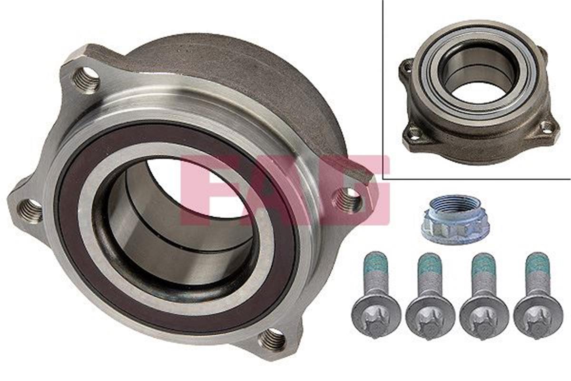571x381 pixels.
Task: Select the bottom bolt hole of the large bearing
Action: tap(272, 339)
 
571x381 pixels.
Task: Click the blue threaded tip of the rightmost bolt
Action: tap(538, 262)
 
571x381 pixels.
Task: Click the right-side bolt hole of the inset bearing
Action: tap(547, 127)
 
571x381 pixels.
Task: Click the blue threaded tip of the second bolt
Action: tap(430, 263)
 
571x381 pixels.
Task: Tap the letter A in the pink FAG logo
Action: tap(281, 190)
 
